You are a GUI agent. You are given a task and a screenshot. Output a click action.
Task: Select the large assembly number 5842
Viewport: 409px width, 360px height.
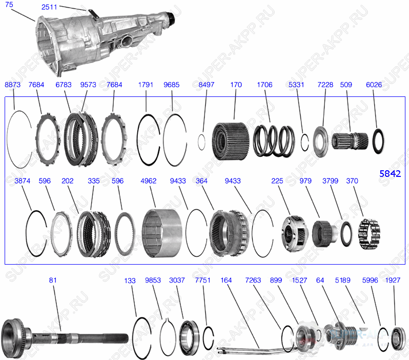click(390, 174)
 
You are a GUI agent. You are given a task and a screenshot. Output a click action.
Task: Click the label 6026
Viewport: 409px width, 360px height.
click(374, 85)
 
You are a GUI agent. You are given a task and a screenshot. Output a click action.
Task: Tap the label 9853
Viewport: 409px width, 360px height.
click(153, 281)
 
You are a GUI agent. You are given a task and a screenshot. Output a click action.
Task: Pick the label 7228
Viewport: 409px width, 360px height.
click(325, 85)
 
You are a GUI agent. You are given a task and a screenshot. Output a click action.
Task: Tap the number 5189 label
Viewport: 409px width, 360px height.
click(343, 281)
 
